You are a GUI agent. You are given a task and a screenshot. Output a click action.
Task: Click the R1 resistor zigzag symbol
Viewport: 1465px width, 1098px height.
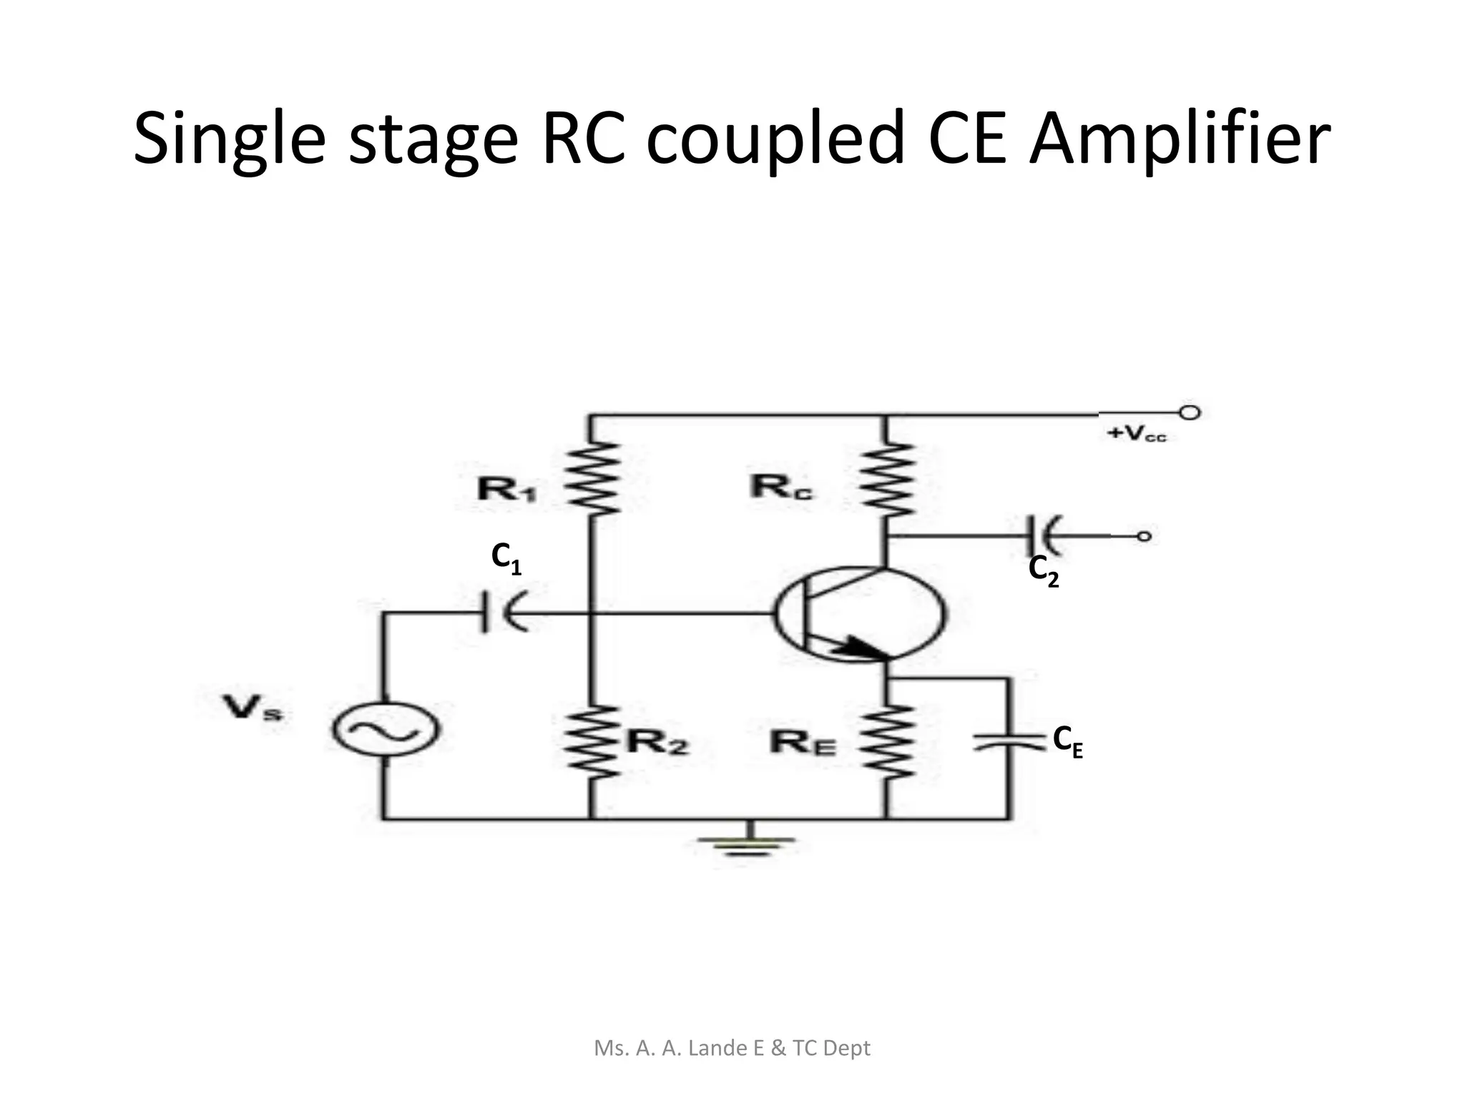coord(591,478)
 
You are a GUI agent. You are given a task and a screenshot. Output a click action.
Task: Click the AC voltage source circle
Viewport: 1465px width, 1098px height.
coord(386,729)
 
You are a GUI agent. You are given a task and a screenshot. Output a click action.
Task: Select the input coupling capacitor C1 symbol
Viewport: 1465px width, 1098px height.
coord(501,612)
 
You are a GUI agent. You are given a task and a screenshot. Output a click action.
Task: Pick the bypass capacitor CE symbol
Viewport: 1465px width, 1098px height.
coord(1009,741)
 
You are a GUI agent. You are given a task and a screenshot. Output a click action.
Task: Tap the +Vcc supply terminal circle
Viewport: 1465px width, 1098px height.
coord(1190,412)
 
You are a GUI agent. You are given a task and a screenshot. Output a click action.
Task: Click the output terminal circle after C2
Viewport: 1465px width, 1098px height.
coord(1144,536)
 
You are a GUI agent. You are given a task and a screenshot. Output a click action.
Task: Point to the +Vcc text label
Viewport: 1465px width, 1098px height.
coord(1137,434)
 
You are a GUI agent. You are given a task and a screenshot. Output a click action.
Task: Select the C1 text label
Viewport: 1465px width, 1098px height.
coord(506,558)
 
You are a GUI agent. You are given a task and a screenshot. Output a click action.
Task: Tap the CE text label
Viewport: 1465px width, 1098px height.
coord(1067,741)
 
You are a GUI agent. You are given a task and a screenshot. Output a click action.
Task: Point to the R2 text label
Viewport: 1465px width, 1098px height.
coord(657,743)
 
